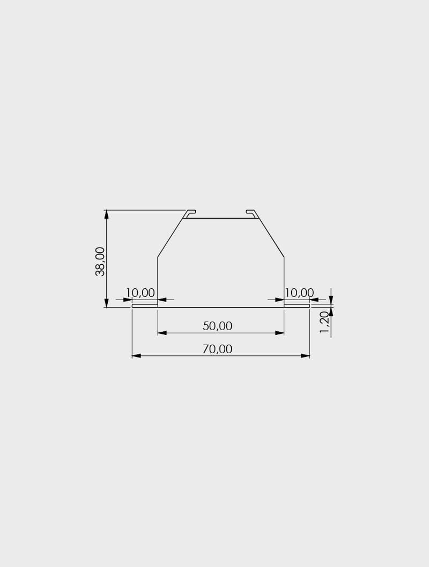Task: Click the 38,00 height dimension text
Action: pos(100,261)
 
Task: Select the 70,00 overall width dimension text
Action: pos(217,349)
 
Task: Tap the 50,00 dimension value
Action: pos(217,326)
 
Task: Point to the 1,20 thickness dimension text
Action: pos(324,322)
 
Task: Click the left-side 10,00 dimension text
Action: pos(140,293)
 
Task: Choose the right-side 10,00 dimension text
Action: pos(299,293)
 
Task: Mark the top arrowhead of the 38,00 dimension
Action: pos(107,214)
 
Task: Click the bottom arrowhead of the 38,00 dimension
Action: pos(107,303)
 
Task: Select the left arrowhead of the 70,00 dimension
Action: pos(136,356)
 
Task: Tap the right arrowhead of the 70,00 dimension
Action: pos(305,356)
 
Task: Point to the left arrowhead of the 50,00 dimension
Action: pos(162,333)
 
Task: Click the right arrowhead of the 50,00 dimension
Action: pos(279,333)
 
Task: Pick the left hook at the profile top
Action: pos(189,213)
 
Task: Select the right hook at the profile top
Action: pos(252,213)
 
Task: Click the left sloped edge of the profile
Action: pos(171,237)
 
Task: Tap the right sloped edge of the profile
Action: pos(271,237)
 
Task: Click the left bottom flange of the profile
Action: pos(145,305)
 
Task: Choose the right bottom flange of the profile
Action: pos(297,305)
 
